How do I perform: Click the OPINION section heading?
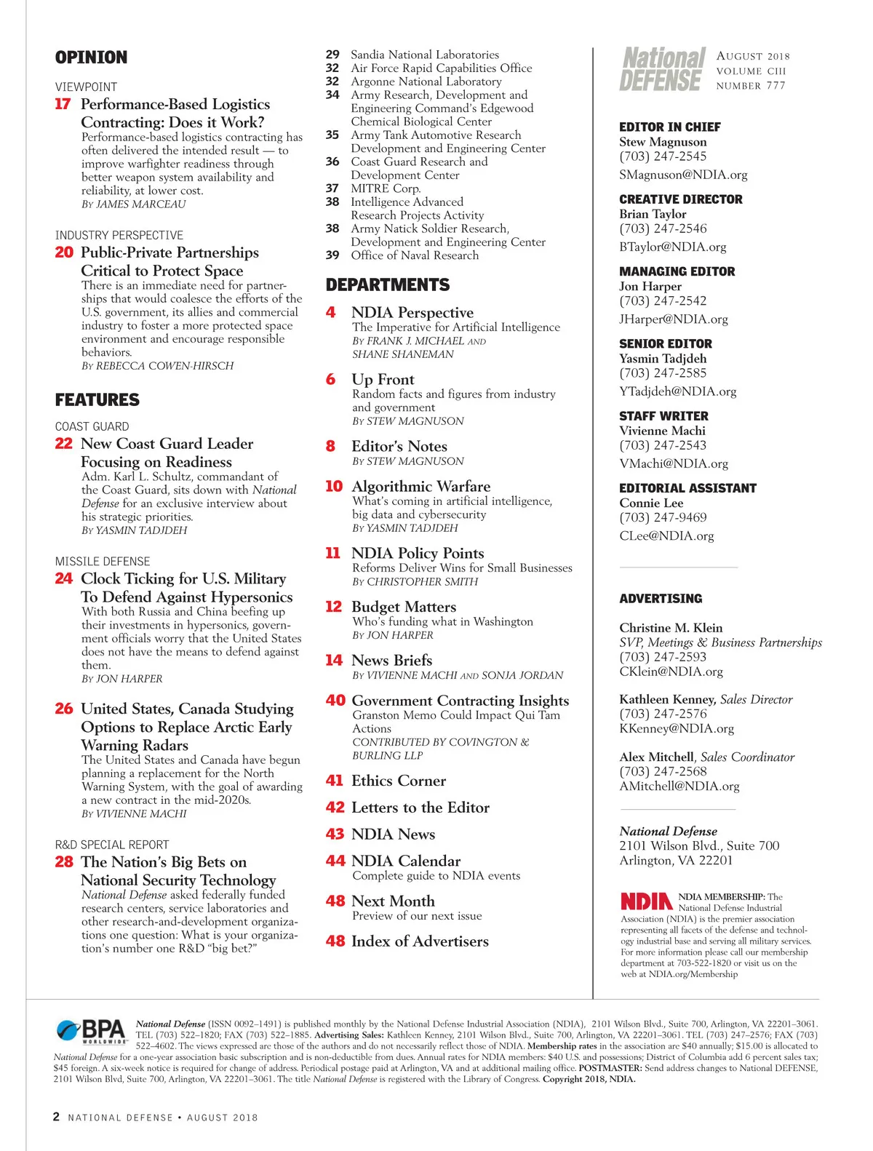point(91,57)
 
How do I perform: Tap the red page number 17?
point(63,104)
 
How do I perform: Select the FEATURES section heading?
point(97,399)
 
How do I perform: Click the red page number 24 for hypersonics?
point(64,578)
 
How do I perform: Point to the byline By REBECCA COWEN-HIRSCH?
point(157,366)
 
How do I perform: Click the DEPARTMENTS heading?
point(388,284)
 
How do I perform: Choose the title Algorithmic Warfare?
point(420,486)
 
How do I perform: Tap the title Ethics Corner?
point(398,781)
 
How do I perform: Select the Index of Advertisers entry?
point(419,941)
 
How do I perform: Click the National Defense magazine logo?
point(662,70)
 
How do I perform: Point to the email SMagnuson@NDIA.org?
point(683,175)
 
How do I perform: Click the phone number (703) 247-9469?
point(663,517)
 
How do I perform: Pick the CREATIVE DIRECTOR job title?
point(681,199)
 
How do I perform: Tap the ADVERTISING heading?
point(661,599)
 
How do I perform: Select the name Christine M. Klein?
point(671,628)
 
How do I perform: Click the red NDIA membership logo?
point(646,901)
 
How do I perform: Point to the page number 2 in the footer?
point(56,1117)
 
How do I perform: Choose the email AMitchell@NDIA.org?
point(679,786)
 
